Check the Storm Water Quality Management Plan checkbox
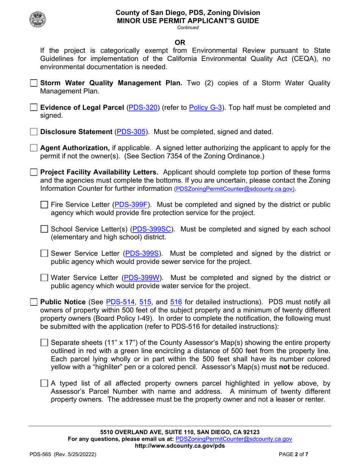point(34,83)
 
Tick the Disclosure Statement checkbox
point(34,132)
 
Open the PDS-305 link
point(131,132)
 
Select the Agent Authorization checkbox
point(34,148)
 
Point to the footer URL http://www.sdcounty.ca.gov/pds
point(180,446)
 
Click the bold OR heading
point(180,42)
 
